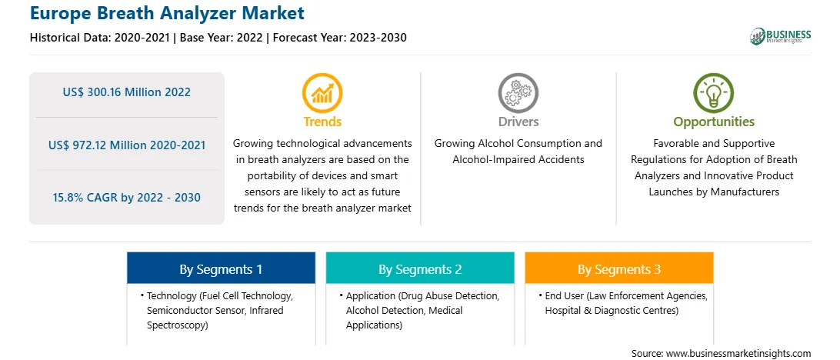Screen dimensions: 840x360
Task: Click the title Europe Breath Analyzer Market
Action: pos(167,13)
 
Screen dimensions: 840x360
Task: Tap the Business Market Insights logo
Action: pos(781,36)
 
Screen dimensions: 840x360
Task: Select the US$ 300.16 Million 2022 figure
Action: pos(126,92)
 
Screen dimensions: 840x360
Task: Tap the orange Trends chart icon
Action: pos(322,93)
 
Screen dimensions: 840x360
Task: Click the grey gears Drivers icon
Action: pos(518,93)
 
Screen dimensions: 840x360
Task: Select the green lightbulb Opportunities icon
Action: pos(714,93)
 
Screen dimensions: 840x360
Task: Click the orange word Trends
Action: pos(322,122)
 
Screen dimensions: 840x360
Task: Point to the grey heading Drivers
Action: pos(518,122)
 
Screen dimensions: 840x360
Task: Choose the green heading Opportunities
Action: pos(714,122)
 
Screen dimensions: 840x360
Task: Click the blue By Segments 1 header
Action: pos(222,268)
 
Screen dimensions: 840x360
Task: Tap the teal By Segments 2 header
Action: pos(420,268)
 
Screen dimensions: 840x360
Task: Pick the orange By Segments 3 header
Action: pos(619,268)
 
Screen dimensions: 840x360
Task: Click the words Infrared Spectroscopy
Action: pos(215,318)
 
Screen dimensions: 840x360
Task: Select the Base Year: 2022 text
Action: pos(222,38)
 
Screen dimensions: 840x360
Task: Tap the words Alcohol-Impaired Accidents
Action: pos(518,160)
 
